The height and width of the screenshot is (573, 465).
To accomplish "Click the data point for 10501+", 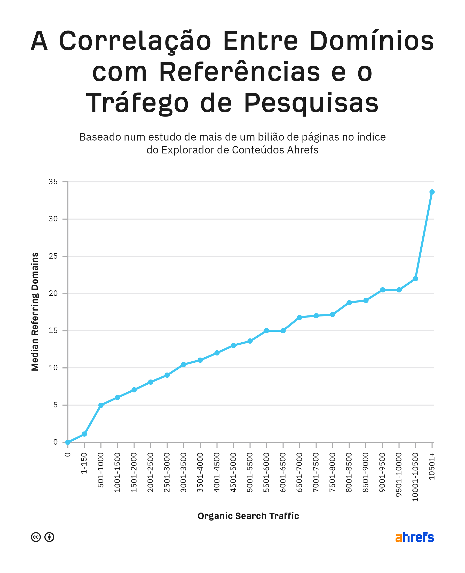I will click(432, 192).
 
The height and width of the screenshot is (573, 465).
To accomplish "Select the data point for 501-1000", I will click(101, 405).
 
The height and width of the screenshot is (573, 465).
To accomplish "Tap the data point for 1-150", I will click(84, 434).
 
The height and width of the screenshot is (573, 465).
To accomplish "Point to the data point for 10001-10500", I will click(415, 279).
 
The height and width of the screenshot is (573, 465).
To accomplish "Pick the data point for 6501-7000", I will click(300, 317).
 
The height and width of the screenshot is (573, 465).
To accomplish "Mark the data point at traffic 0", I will click(68, 442).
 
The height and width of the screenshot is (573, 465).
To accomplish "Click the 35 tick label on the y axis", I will click(53, 182).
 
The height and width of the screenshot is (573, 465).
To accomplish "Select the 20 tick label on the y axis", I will click(53, 293).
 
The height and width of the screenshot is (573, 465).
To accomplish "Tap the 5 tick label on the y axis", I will click(56, 405).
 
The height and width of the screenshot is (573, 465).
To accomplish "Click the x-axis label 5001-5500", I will click(250, 473).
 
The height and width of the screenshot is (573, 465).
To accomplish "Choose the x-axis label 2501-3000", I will click(167, 473).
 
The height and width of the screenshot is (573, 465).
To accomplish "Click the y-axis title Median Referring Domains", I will click(35, 312).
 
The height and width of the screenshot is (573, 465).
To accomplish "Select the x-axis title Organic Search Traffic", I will click(248, 516).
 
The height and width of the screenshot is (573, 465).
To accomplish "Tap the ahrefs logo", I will click(414, 537).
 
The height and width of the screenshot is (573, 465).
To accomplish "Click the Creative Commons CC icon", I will click(36, 537).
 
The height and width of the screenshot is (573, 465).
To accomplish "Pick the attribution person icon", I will click(49, 537).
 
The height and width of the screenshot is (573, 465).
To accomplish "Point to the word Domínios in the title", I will click(372, 41).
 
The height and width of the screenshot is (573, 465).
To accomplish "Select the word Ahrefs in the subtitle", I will click(303, 150).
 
